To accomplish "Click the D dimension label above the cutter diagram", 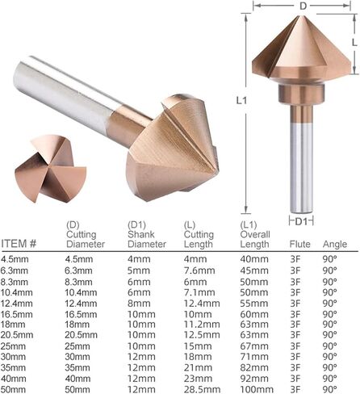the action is click(x=303, y=6).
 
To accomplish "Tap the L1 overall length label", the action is click(x=241, y=100).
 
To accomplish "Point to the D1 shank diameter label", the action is click(x=301, y=221).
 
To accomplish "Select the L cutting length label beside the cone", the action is click(x=354, y=42).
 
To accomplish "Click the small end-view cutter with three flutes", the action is click(x=50, y=168).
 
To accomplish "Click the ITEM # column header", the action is click(x=19, y=244).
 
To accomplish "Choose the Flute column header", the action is click(x=299, y=244).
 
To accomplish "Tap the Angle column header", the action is click(x=335, y=244).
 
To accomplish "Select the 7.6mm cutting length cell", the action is click(x=199, y=270).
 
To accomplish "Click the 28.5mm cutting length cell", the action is click(x=202, y=389).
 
